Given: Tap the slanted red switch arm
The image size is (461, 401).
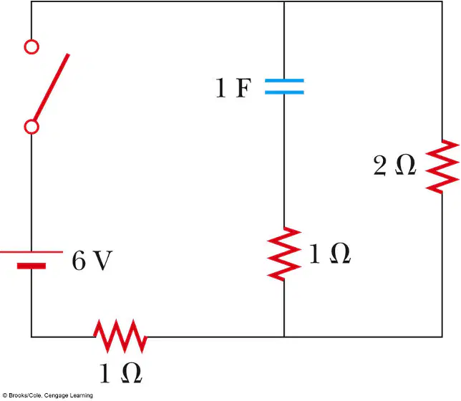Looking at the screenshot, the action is point(51,87).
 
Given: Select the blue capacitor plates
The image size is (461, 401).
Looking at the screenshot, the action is point(284,87).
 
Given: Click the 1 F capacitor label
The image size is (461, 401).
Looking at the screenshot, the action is point(233,87).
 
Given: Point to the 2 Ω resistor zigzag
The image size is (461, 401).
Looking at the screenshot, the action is point(442,167).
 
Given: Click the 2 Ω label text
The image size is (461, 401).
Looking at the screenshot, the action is point(394,165).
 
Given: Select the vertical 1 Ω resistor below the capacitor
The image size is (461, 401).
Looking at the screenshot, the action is point(284,254).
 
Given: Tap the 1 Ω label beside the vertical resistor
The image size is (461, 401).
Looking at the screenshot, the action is point(329,253).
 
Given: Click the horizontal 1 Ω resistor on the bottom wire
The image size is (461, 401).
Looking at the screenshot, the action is point(120,336).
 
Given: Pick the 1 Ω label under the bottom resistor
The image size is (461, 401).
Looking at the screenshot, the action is point(121,373).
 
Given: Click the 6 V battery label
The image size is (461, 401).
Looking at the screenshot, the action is point(92,261).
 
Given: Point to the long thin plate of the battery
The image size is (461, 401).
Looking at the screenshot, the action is point(31,252).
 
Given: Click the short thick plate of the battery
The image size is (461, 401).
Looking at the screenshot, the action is point(31,266).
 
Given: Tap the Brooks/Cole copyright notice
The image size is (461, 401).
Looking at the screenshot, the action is point(48,395).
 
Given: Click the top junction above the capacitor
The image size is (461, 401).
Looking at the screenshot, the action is point(284,1).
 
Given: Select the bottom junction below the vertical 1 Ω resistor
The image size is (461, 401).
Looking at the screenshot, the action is point(284,337).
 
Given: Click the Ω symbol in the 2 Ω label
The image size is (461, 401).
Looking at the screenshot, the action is point(405,165).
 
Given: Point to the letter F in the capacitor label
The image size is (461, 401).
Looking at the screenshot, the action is point(243,87).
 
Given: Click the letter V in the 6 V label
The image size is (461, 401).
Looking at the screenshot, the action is point(102,261).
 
